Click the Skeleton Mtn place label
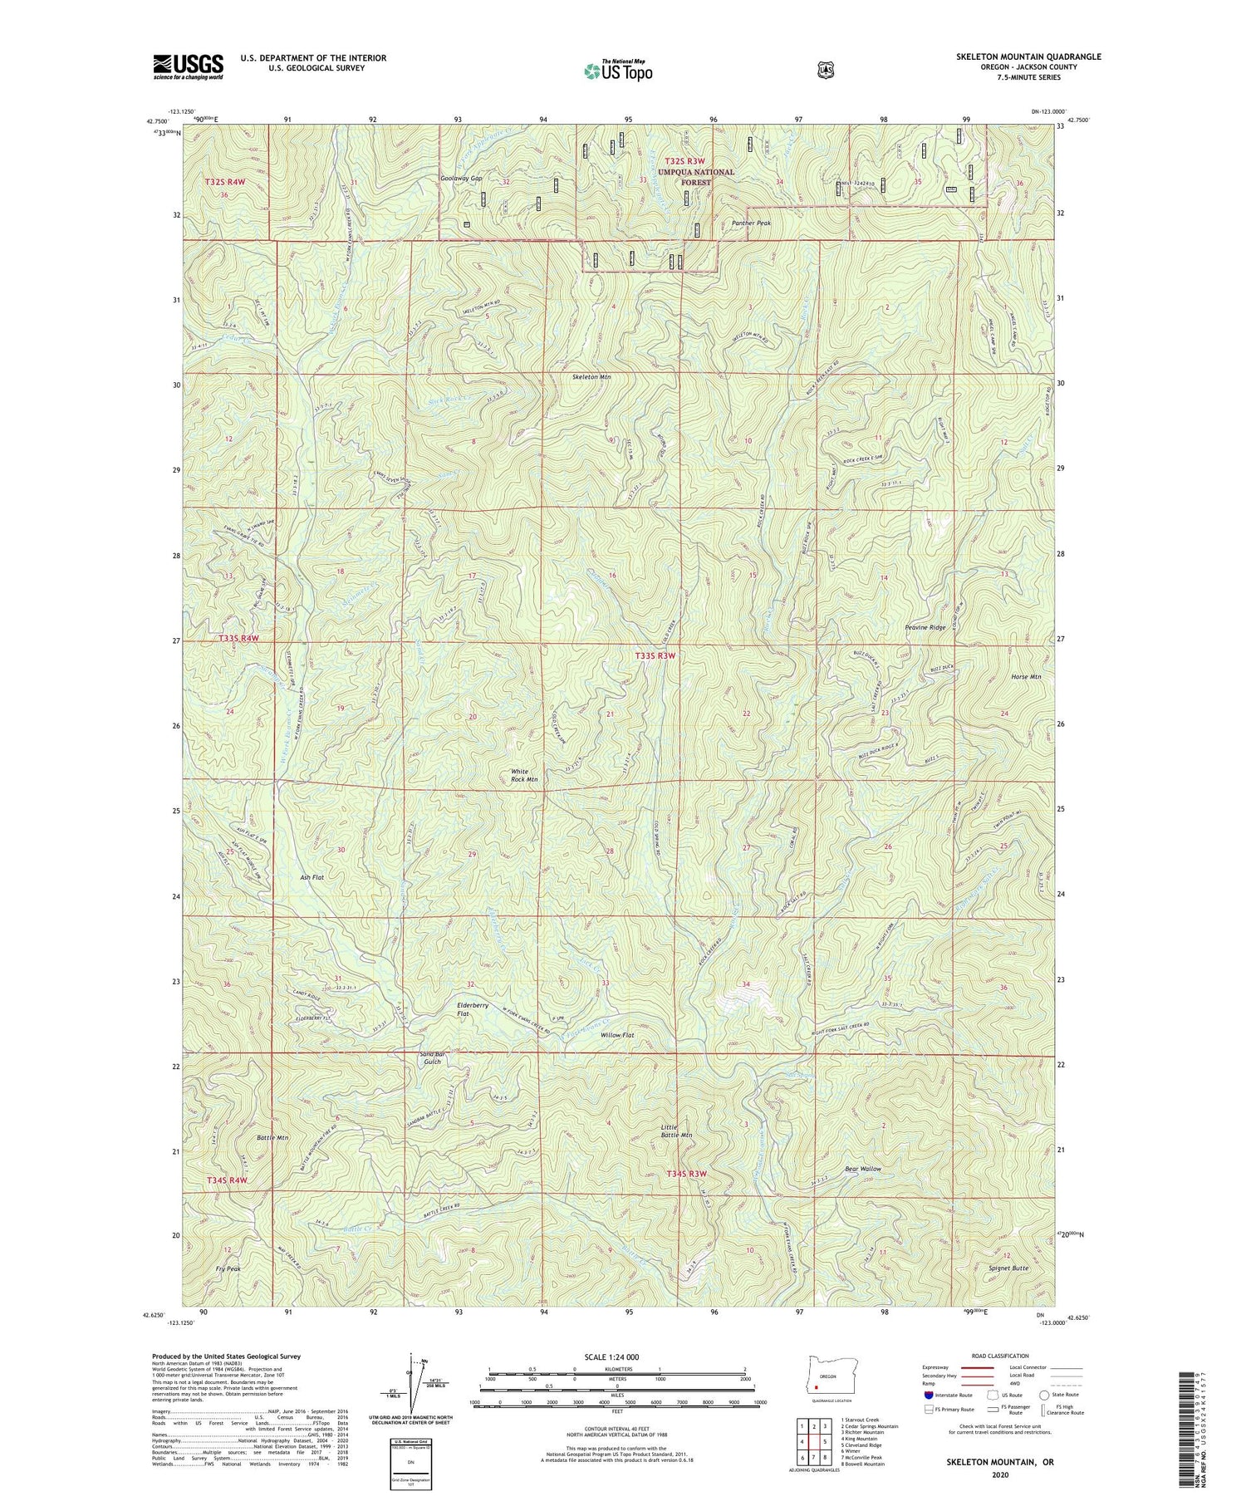pos(591,377)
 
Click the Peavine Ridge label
pos(925,628)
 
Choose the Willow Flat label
pos(618,1035)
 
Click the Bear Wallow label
pos(863,1168)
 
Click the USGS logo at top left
pos(188,66)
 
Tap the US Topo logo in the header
pos(618,70)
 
